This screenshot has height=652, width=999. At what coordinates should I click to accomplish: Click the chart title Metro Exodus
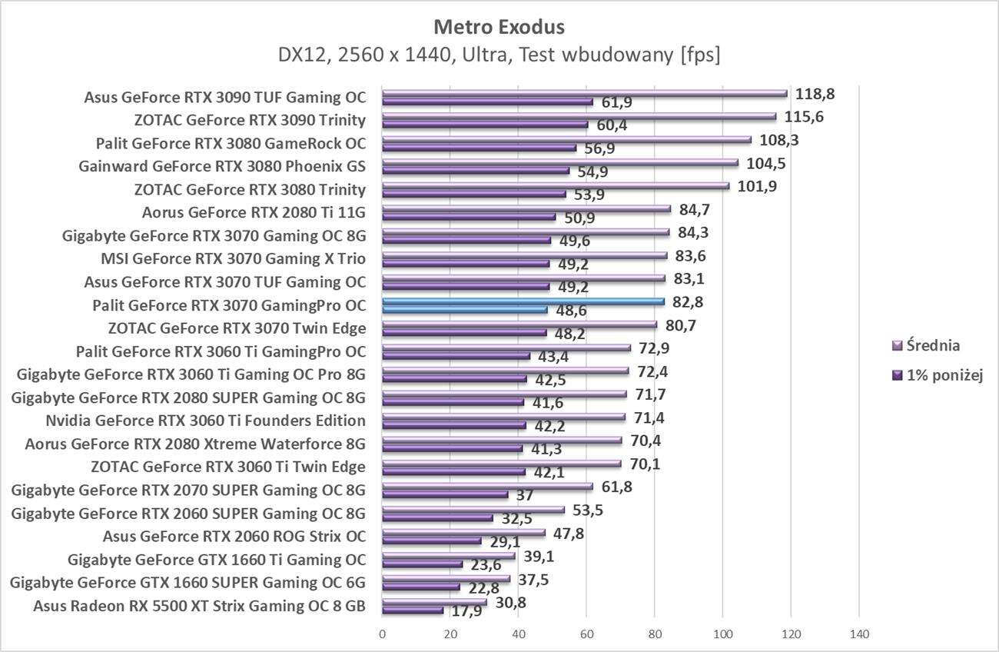click(x=499, y=27)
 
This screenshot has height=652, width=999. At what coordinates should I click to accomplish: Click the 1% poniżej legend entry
click(x=938, y=375)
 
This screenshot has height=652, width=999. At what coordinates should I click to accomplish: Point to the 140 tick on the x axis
click(x=858, y=634)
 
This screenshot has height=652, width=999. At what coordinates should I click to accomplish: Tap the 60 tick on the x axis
click(x=586, y=634)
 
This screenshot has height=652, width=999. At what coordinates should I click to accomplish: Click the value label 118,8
click(x=815, y=94)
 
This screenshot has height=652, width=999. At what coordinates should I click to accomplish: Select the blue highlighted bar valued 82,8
click(x=523, y=301)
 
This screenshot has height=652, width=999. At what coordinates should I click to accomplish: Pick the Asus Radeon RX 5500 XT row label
click(x=199, y=605)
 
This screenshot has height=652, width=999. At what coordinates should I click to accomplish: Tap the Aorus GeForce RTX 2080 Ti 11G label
click(x=254, y=213)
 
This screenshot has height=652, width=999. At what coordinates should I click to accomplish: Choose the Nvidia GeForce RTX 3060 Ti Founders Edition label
click(x=205, y=421)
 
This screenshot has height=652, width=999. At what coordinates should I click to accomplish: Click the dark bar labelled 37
click(x=445, y=494)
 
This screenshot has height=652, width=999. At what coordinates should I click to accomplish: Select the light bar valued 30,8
click(x=434, y=602)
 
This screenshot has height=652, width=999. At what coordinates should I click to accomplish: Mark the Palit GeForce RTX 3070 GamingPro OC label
click(x=228, y=305)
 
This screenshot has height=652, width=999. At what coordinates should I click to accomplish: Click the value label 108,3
click(x=778, y=140)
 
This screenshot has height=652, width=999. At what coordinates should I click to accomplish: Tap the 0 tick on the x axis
click(x=382, y=634)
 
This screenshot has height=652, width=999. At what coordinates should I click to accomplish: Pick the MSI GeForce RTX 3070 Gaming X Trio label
click(x=234, y=259)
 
